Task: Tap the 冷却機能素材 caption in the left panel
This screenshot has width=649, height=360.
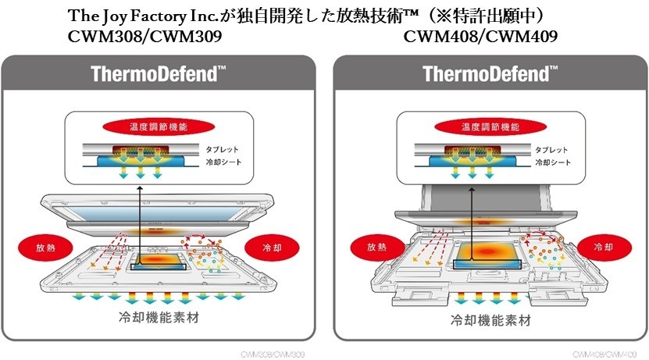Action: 160,319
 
